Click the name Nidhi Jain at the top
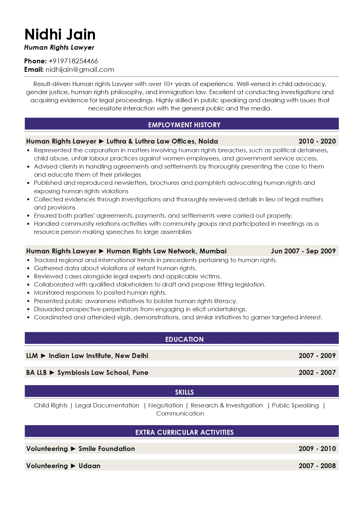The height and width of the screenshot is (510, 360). pyautogui.click(x=60, y=34)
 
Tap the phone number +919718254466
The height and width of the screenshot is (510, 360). pyautogui.click(x=73, y=61)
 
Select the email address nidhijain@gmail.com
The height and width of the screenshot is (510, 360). pyautogui.click(x=80, y=69)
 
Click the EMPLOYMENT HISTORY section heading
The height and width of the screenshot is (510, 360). pyautogui.click(x=184, y=125)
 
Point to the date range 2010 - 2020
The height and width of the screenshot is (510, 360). pyautogui.click(x=317, y=141)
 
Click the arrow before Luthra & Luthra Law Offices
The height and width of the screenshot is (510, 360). pyautogui.click(x=101, y=141)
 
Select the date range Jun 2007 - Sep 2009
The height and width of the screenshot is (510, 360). pyautogui.click(x=303, y=251)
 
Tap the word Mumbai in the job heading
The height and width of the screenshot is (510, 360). pyautogui.click(x=213, y=251)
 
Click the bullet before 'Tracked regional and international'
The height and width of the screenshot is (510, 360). pyautogui.click(x=28, y=260)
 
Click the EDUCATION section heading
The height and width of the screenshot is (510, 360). pyautogui.click(x=184, y=339)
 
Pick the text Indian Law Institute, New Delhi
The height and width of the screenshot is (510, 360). pyautogui.click(x=98, y=356)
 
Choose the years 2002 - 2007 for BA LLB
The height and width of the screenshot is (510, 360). pyautogui.click(x=317, y=373)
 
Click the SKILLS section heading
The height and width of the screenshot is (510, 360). pyautogui.click(x=184, y=392)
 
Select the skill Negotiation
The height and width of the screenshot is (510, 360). pyautogui.click(x=165, y=405)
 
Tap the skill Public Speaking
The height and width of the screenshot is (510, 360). pyautogui.click(x=295, y=405)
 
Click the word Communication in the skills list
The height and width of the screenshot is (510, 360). pyautogui.click(x=180, y=414)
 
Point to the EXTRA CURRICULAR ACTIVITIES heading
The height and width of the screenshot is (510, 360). pyautogui.click(x=184, y=432)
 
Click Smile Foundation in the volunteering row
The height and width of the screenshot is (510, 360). pyautogui.click(x=107, y=449)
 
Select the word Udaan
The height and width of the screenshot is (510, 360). pyautogui.click(x=89, y=466)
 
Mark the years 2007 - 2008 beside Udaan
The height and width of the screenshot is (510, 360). pyautogui.click(x=317, y=466)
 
